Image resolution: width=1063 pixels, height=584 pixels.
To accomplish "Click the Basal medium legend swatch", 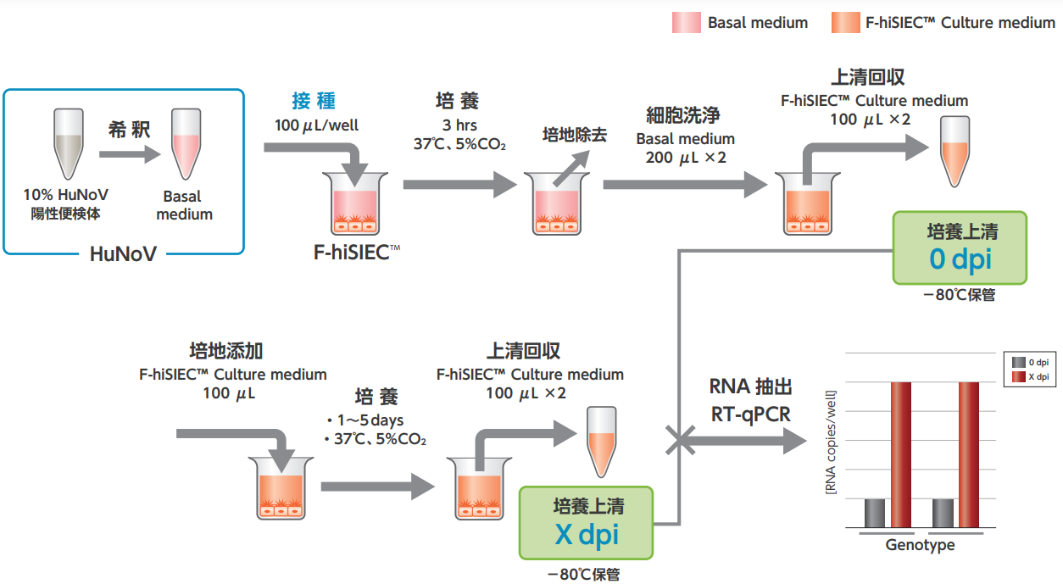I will pyautogui.click(x=686, y=23).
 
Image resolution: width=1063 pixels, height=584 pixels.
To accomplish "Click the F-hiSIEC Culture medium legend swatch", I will pyautogui.click(x=845, y=23).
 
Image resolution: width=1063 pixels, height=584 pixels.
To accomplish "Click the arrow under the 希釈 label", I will pyautogui.click(x=129, y=154).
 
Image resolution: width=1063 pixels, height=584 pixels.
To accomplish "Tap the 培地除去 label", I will pyautogui.click(x=575, y=134).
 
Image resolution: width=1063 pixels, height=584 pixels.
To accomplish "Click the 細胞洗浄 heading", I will pyautogui.click(x=682, y=115).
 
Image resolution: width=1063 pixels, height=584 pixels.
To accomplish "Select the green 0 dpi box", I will pyautogui.click(x=960, y=248).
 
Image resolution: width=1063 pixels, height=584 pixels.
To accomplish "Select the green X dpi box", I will pyautogui.click(x=586, y=522).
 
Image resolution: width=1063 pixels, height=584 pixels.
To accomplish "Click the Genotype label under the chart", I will pyautogui.click(x=920, y=545).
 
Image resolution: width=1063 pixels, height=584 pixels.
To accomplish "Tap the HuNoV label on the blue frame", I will pyautogui.click(x=123, y=253).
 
